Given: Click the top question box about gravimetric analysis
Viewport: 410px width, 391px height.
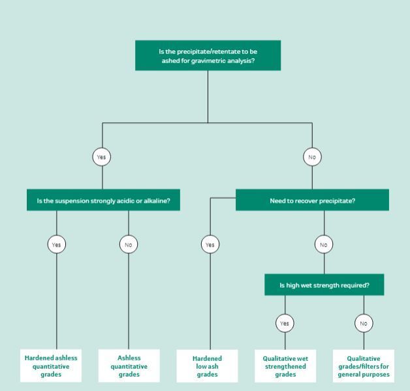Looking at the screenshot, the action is point(208,56).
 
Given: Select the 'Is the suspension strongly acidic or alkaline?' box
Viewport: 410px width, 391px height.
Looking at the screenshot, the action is point(103,200).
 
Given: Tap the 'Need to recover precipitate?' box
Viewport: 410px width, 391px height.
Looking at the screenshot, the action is point(312,200).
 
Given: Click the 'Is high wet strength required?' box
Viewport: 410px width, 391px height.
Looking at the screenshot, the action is point(324,284).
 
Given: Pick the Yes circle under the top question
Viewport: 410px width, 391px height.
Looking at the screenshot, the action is point(102,157).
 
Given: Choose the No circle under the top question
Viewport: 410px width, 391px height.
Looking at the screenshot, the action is point(312,157).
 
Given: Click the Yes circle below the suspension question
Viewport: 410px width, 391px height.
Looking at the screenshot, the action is point(57,245).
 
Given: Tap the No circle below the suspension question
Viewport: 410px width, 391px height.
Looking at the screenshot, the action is point(129,245).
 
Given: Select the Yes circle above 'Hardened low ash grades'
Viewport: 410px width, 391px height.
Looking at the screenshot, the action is point(210,245).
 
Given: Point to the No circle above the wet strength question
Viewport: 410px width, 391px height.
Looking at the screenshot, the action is point(324,245).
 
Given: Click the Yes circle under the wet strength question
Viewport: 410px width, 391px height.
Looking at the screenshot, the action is point(285,323).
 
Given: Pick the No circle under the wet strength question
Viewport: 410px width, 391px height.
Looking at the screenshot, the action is point(364,323).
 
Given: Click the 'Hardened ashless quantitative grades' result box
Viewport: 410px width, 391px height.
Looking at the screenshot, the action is point(51,365).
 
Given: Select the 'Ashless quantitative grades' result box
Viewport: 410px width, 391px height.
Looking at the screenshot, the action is point(129,365).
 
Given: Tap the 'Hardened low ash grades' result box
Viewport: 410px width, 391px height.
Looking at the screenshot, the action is point(207,366).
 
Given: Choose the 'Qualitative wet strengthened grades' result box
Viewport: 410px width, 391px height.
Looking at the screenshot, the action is point(285,366).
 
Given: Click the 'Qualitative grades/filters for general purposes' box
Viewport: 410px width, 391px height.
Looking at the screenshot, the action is point(364,366).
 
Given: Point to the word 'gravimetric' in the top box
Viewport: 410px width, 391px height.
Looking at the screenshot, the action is point(207,61).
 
